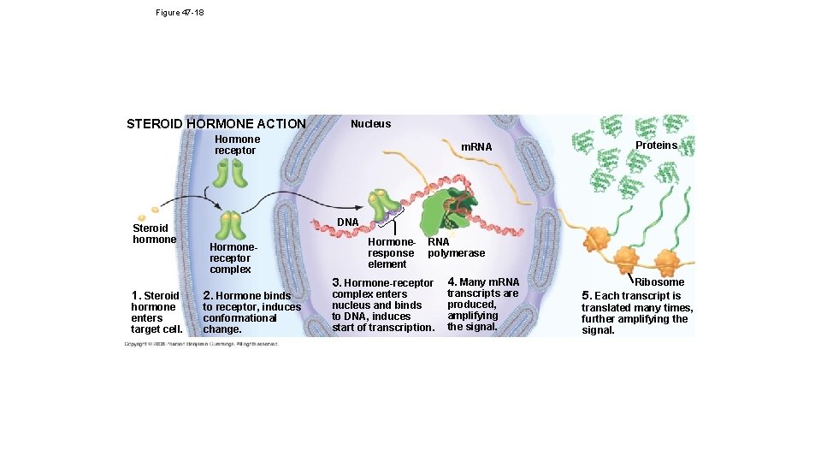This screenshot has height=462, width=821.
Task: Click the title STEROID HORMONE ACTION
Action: (216, 124)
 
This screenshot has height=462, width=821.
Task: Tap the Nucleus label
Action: (370, 124)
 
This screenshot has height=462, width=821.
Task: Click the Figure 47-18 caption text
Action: (180, 13)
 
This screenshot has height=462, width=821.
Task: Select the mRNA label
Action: (476, 147)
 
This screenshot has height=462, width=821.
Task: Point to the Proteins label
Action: (656, 145)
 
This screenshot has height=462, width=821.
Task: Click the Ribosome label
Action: (659, 281)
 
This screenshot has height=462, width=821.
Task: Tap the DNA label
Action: (347, 222)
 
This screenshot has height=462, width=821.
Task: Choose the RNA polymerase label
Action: (456, 247)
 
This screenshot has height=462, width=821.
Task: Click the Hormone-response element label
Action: (391, 253)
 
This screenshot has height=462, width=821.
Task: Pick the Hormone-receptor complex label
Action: (230, 258)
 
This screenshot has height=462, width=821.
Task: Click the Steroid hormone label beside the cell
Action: (154, 234)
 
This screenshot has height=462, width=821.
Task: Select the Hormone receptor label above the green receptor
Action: (237, 145)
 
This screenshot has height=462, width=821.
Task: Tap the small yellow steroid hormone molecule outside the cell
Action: (155, 207)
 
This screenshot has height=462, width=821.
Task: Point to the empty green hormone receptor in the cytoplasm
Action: (230, 173)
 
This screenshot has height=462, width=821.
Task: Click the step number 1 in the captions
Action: (133, 296)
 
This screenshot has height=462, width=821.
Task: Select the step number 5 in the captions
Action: (586, 296)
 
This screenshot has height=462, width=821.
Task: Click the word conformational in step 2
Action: (239, 318)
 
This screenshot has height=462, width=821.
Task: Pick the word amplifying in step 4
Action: (472, 316)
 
